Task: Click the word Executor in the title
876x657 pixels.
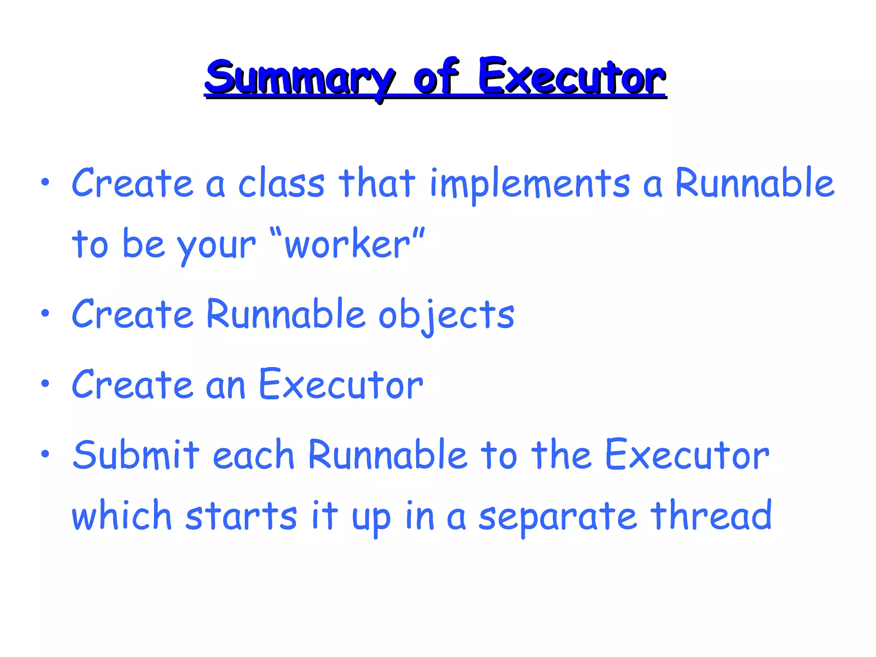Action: tap(571, 77)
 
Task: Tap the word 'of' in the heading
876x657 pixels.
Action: tap(435, 77)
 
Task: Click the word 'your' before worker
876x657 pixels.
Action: tap(216, 246)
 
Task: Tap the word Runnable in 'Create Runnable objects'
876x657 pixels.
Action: tap(285, 314)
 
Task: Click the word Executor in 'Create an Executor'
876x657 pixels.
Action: tap(341, 385)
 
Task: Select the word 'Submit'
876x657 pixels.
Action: tap(136, 455)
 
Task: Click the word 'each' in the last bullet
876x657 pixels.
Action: tap(253, 455)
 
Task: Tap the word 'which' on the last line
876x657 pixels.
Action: tap(121, 515)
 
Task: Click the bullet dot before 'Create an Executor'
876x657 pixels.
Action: tap(45, 384)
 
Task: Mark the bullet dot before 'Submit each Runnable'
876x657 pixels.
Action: tap(45, 454)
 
